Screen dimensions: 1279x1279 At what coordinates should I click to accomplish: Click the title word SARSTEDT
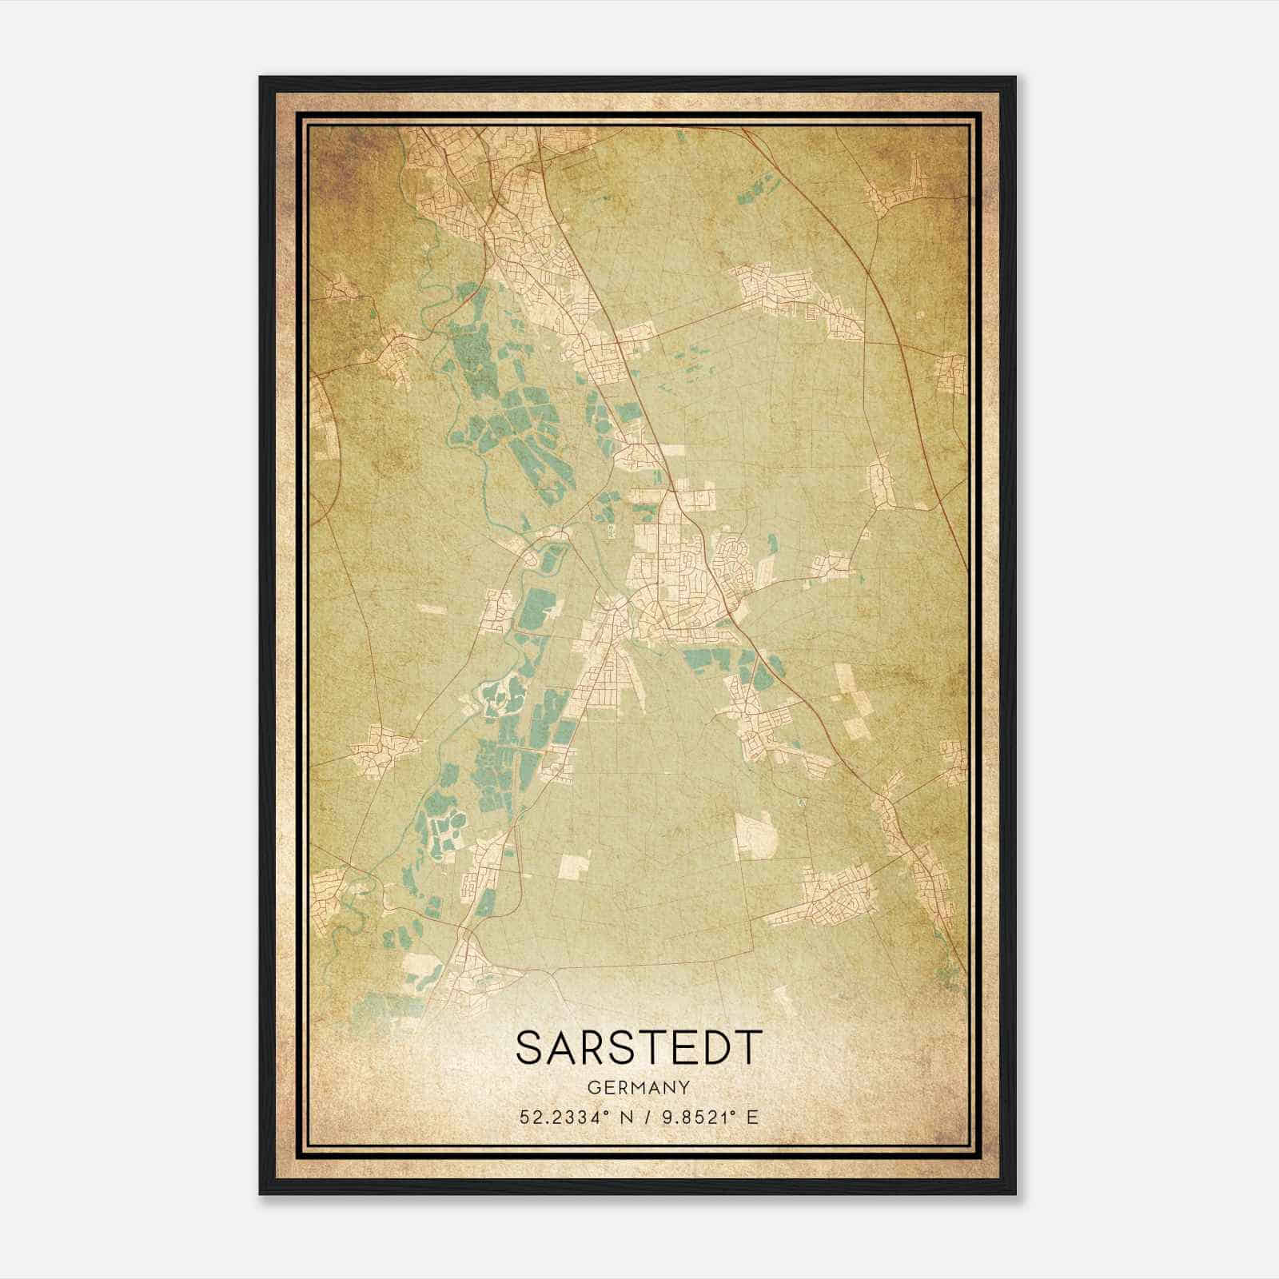tap(639, 1046)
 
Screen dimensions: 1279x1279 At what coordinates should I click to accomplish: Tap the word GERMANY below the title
tap(639, 1087)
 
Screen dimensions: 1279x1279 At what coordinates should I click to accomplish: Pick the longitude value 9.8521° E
tap(703, 1117)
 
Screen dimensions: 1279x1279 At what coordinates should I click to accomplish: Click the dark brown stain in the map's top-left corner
tap(336, 160)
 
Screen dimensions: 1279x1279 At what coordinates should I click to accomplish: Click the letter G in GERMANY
tap(592, 1087)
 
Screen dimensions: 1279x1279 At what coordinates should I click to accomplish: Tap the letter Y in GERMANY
tap(685, 1087)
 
